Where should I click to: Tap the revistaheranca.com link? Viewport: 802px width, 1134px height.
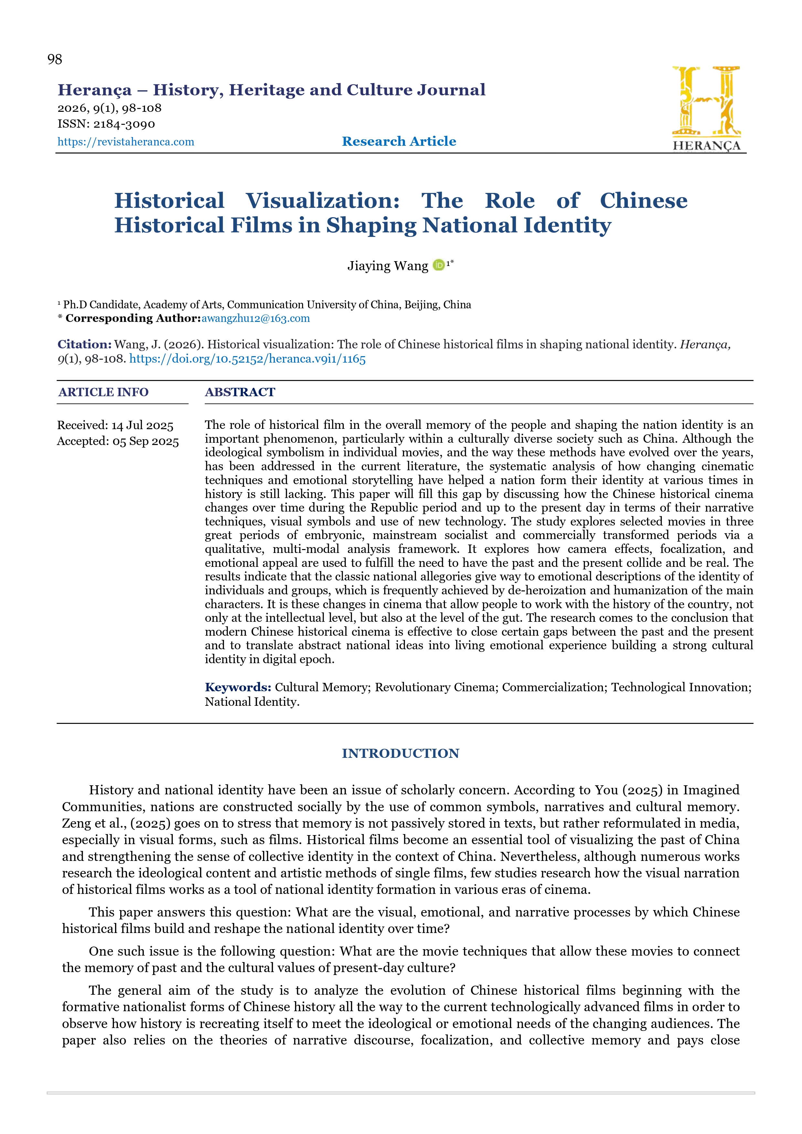[126, 142]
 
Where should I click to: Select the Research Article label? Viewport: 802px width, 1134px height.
[399, 141]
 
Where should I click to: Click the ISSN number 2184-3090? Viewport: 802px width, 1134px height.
[124, 124]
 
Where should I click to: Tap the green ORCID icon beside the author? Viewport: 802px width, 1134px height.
[438, 265]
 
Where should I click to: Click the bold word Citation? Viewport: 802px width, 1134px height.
[84, 344]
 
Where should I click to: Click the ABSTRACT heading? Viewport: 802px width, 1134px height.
[240, 392]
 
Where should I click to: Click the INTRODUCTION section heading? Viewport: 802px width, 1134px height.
[400, 753]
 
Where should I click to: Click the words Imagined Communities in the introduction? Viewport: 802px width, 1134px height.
[711, 790]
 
